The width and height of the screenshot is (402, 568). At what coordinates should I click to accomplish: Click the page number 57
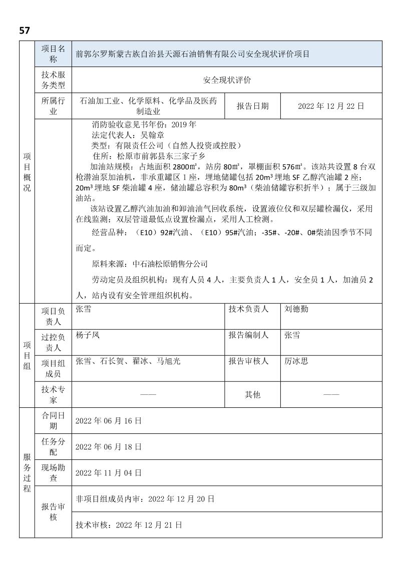click(25, 31)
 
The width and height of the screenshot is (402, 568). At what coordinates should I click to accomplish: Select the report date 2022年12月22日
click(330, 106)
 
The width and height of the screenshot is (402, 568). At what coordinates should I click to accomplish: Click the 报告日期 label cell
click(252, 106)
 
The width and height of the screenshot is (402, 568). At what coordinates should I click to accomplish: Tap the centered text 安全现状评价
click(227, 80)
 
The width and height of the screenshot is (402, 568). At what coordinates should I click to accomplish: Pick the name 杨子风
click(87, 335)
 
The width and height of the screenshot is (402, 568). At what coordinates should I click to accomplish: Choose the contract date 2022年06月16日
click(109, 421)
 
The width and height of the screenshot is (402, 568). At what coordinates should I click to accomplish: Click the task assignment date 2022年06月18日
click(109, 446)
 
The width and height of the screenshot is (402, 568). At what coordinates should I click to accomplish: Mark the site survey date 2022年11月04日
click(109, 472)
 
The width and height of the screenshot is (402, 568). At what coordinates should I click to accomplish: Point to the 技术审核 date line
click(129, 525)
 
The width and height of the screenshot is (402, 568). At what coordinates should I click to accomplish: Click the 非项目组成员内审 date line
click(145, 499)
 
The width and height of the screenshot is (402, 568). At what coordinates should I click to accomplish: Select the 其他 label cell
click(252, 394)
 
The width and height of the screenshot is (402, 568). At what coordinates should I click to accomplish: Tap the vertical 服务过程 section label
click(27, 473)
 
